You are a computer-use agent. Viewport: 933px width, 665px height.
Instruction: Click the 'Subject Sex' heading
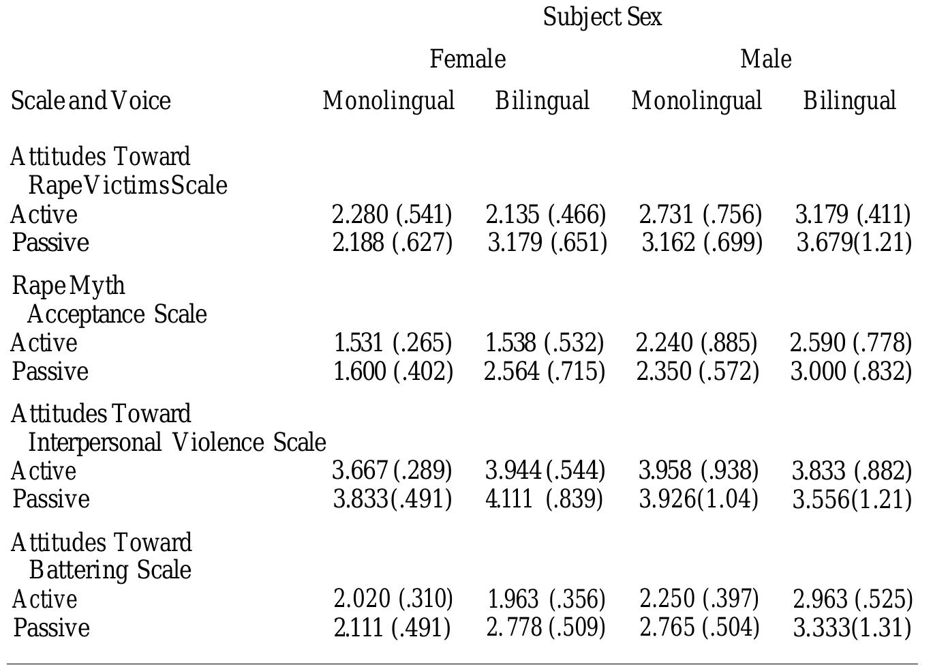[602, 17]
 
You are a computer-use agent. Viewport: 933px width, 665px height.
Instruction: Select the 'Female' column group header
[468, 59]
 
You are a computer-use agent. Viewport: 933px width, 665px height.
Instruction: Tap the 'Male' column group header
[765, 59]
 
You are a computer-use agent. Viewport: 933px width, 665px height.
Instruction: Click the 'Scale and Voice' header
[91, 101]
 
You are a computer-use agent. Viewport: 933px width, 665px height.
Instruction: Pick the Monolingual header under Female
[388, 101]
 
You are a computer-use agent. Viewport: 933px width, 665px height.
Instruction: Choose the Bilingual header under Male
[849, 101]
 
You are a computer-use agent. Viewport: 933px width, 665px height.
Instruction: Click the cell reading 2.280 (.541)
[392, 215]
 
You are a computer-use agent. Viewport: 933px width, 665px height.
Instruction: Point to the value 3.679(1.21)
[853, 243]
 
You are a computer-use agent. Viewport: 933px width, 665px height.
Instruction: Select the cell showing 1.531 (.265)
[393, 342]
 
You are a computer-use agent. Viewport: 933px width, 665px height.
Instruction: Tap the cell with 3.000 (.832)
[851, 372]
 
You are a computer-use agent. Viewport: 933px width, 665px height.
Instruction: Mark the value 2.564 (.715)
[544, 372]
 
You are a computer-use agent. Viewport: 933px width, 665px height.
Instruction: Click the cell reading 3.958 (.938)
[698, 471]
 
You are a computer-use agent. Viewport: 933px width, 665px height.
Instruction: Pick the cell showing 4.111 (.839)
[544, 499]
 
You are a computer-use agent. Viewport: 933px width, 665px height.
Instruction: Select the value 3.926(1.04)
[698, 499]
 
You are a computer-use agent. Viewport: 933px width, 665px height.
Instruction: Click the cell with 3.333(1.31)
[852, 627]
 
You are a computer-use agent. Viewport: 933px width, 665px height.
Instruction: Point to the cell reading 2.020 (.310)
[393, 599]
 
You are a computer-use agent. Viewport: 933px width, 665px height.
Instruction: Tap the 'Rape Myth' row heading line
[69, 286]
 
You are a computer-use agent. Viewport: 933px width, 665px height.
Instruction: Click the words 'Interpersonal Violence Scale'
[177, 443]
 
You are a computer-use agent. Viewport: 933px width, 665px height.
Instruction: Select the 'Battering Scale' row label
[110, 570]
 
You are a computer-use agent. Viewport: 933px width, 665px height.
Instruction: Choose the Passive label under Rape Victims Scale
[51, 243]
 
